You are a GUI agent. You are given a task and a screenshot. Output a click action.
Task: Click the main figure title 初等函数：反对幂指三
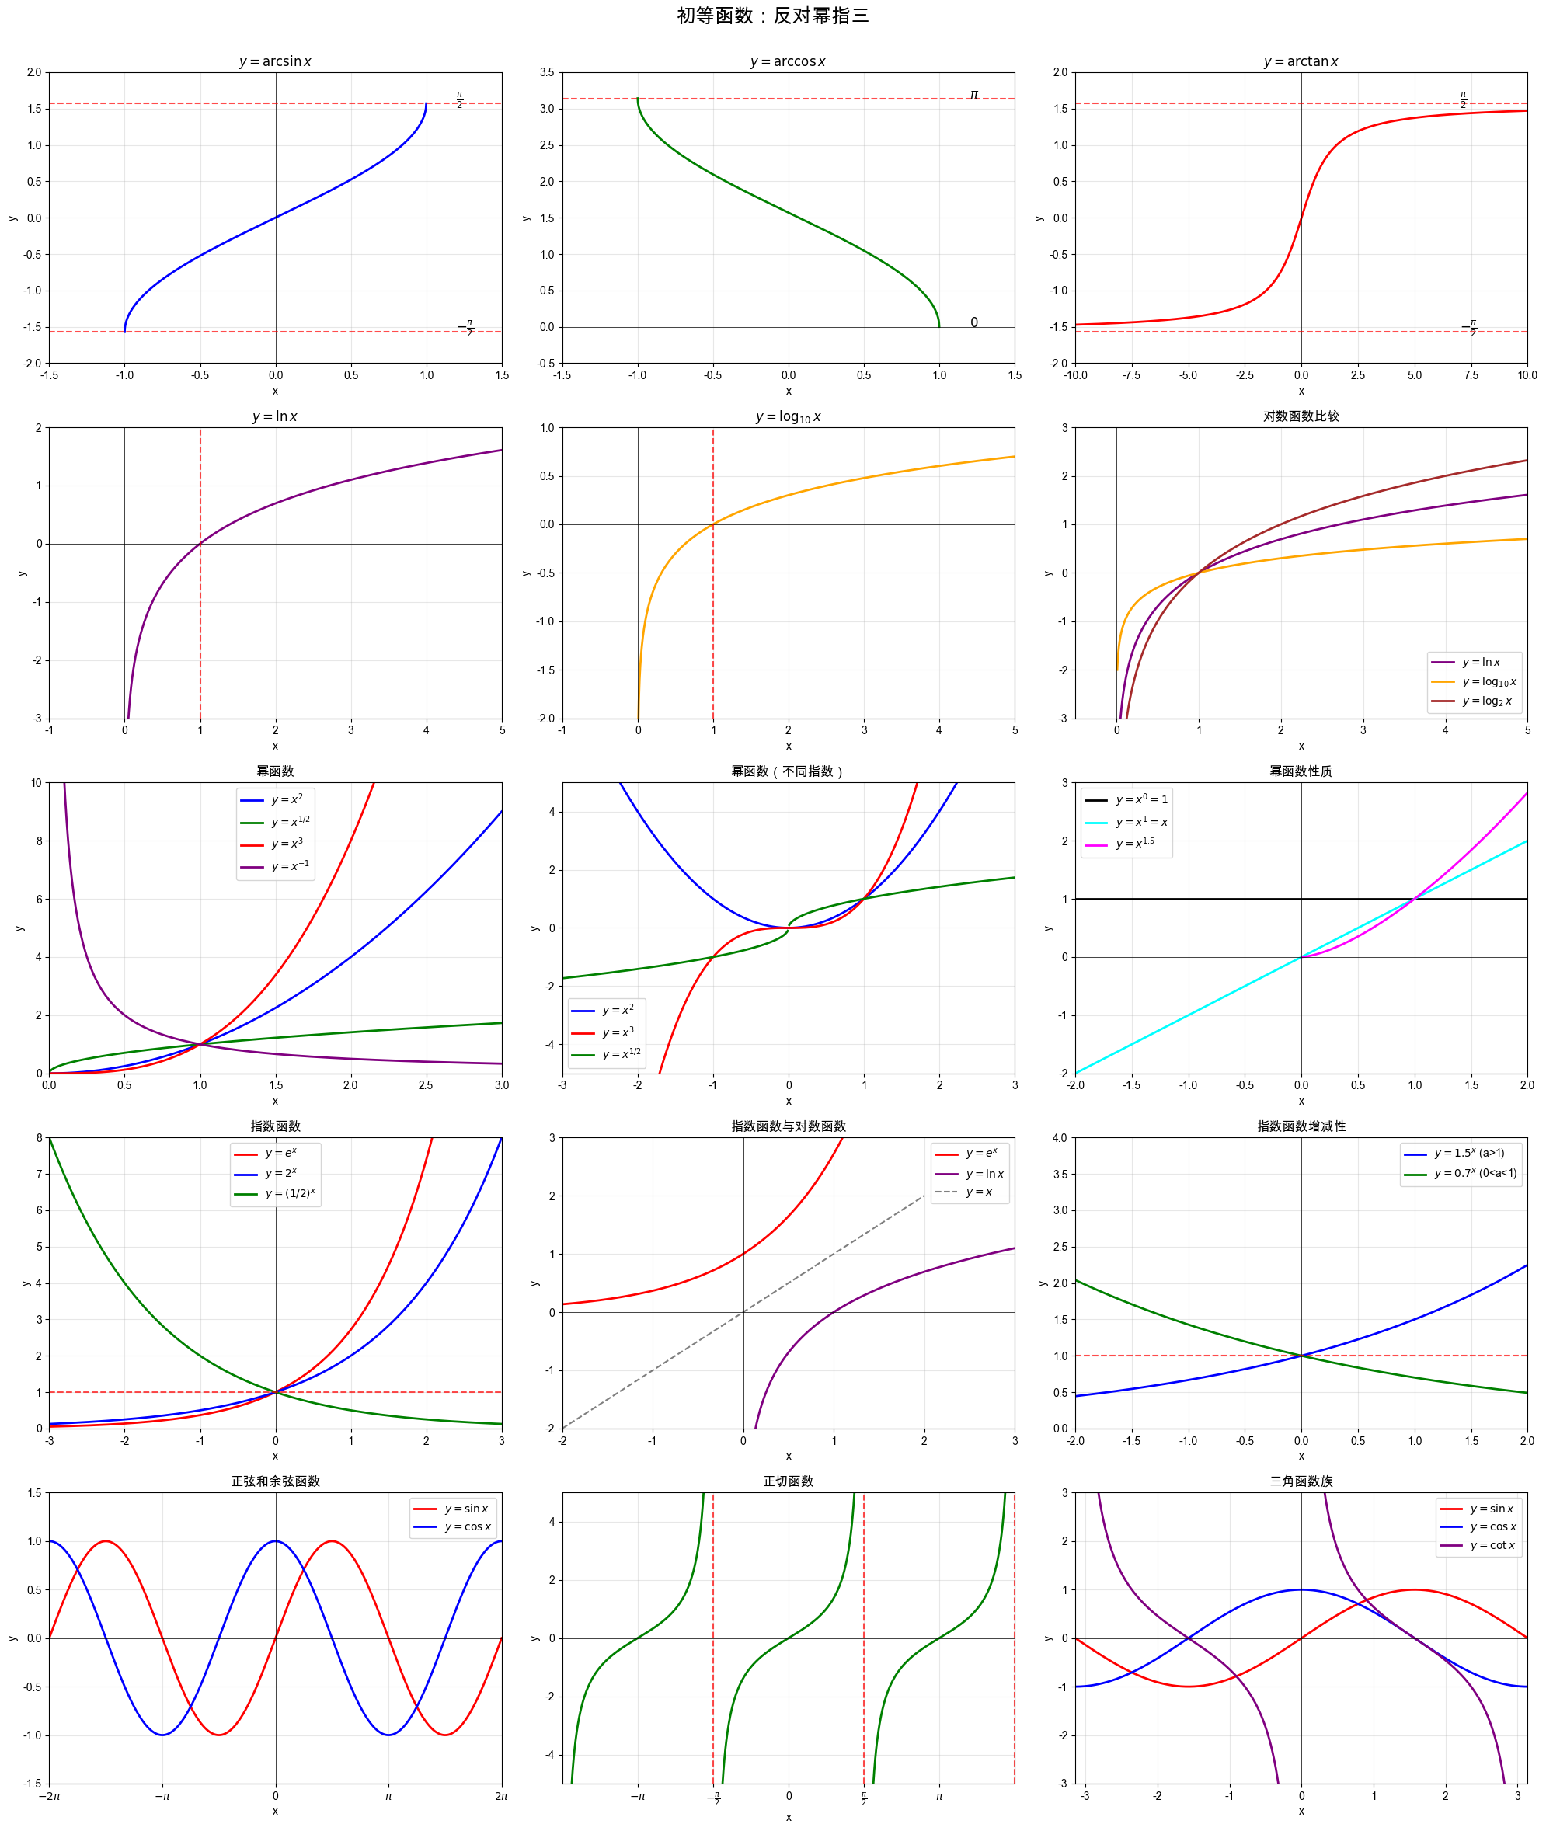772,16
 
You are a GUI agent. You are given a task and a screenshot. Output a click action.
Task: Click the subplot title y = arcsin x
275,61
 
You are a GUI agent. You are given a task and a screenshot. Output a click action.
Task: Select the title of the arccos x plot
788,61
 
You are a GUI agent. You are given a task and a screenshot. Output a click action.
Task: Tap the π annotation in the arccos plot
973,94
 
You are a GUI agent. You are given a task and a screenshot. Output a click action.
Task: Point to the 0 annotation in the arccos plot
973,322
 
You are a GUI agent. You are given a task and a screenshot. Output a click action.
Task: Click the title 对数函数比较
1301,416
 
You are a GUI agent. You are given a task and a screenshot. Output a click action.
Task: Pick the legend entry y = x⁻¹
289,866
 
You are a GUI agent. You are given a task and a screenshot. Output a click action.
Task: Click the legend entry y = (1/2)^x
289,1194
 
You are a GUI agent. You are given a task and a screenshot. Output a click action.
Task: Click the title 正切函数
788,1481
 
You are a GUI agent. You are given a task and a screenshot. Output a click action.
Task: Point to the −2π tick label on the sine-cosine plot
49,1796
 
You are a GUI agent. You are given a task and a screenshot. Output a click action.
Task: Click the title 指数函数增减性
1301,1126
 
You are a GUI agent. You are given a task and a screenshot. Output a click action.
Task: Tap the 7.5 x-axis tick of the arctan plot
1471,375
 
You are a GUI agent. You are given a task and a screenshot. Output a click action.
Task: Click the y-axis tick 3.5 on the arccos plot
547,73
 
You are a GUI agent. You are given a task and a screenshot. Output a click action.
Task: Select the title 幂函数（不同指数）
788,771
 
